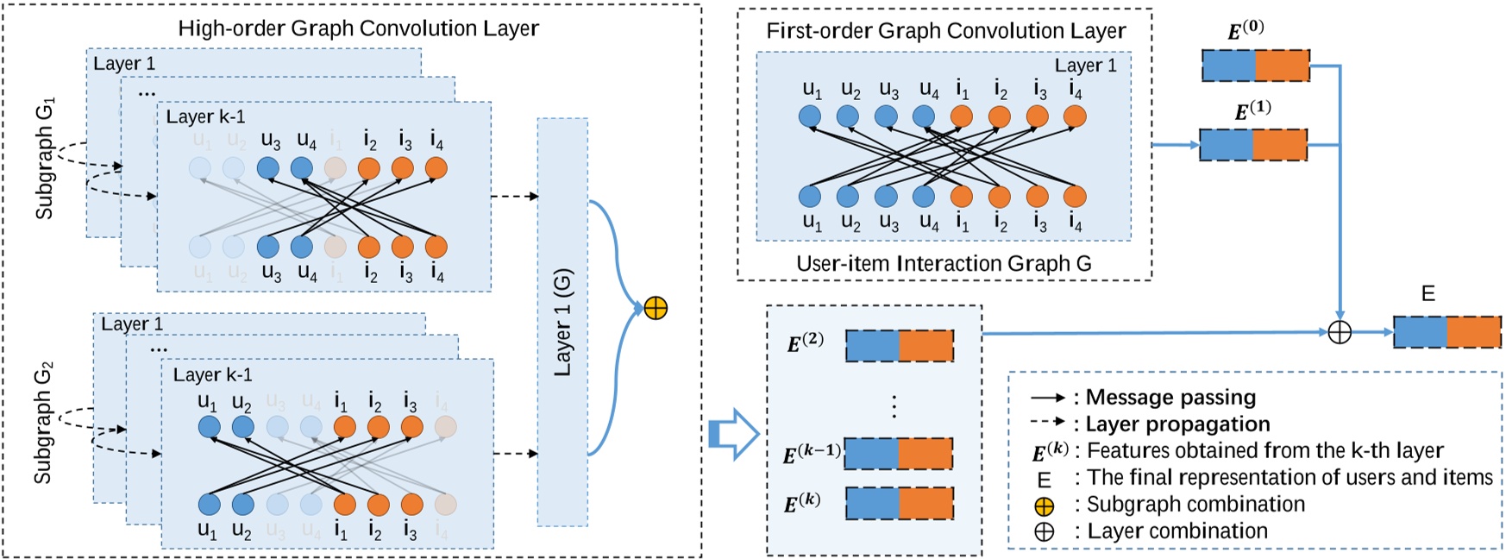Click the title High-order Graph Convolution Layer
tap(358, 28)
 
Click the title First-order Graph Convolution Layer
tap(945, 31)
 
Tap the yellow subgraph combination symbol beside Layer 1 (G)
tap(656, 308)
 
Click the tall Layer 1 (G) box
tap(562, 322)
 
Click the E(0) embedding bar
tap(1256, 66)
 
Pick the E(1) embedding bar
tap(1253, 145)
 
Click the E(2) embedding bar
tap(899, 346)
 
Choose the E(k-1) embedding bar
tap(898, 454)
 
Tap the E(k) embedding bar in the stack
tap(899, 504)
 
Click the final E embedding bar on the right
tap(1446, 332)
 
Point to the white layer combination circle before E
tap(1339, 332)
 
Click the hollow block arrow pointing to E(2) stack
tap(731, 433)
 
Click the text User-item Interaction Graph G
tap(944, 264)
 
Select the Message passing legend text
tap(1170, 398)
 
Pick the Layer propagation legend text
tap(1177, 424)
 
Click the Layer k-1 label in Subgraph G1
tap(205, 117)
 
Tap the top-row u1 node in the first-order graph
tap(809, 116)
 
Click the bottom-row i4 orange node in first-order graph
tap(1075, 197)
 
